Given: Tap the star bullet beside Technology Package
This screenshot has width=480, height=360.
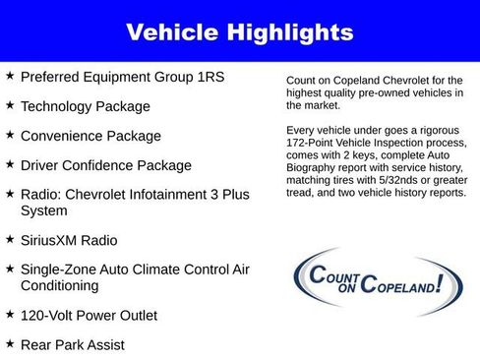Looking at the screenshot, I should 10,104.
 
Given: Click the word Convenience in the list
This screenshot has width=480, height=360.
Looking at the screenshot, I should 63,136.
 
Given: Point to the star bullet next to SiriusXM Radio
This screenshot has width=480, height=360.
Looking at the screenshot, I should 10,239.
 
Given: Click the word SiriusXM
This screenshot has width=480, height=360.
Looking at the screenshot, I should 54,240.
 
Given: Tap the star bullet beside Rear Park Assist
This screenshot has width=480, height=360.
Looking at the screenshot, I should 10,344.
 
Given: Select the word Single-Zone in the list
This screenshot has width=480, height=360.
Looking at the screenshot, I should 61,270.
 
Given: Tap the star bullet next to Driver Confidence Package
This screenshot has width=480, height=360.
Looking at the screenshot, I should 10,164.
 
